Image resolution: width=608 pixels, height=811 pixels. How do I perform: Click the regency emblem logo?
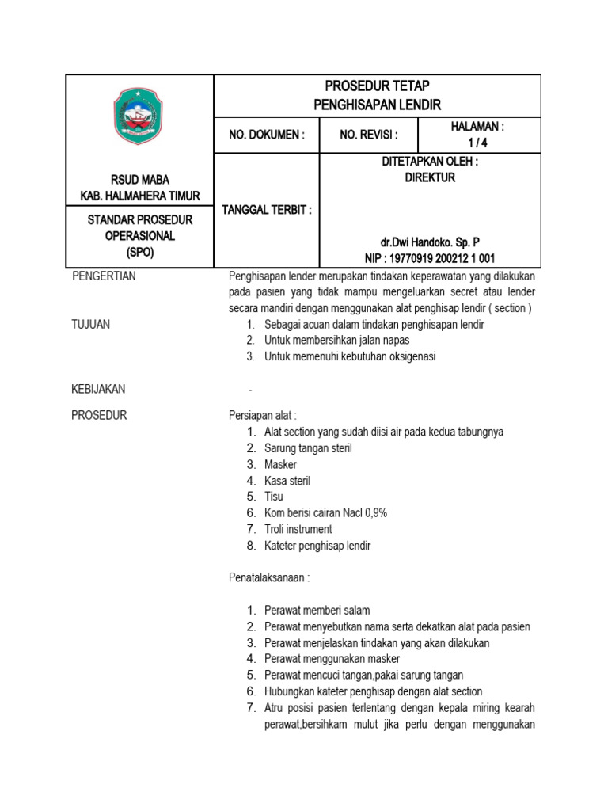139,116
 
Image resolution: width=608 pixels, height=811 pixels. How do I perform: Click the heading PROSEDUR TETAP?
377,86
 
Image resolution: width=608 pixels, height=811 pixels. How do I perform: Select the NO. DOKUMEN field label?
267,135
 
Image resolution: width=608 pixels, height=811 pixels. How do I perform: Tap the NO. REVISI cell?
368,135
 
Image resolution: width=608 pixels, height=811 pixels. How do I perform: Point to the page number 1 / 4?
477,143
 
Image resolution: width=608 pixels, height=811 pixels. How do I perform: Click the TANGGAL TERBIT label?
266,210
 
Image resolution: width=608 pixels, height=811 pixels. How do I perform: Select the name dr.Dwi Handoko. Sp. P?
430,242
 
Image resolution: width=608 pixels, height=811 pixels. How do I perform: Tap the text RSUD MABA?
139,180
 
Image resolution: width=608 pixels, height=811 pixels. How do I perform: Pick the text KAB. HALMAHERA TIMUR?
140,196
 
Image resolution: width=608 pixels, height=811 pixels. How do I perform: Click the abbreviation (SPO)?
139,252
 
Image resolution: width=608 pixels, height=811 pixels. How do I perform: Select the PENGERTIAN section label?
104,276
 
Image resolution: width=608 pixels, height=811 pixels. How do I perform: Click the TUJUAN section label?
91,324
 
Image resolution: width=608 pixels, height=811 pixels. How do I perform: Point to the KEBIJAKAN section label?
98,389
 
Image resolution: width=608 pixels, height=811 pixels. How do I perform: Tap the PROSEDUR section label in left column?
99,415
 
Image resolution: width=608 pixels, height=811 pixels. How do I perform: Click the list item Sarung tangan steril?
309,448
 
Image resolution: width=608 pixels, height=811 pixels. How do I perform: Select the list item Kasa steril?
287,481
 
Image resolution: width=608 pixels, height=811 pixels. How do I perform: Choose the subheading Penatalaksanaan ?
268,578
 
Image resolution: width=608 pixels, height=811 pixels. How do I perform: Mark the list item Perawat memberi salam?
317,611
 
